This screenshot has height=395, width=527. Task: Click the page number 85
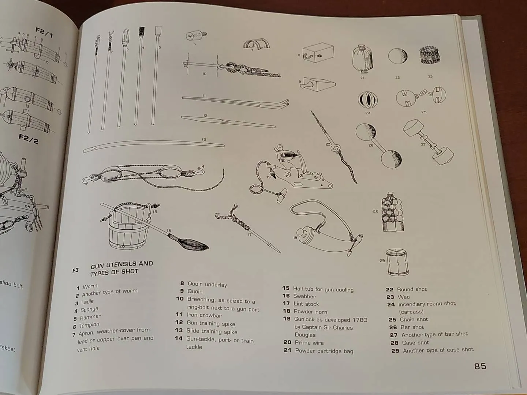pyautogui.click(x=480, y=366)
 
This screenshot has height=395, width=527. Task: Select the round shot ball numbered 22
pyautogui.click(x=398, y=56)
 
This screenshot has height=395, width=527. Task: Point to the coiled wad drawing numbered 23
pyautogui.click(x=430, y=56)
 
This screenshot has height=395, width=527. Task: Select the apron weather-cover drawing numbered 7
pyautogui.click(x=257, y=45)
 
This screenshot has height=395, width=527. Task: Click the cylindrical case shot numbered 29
pyautogui.click(x=397, y=262)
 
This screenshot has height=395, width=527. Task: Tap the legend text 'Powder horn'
pyautogui.click(x=310, y=312)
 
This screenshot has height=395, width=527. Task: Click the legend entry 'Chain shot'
pyautogui.click(x=414, y=319)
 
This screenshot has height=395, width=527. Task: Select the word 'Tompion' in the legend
pyautogui.click(x=89, y=325)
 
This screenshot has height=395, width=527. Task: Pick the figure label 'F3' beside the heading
pyautogui.click(x=75, y=270)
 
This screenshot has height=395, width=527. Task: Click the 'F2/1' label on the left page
pyautogui.click(x=44, y=33)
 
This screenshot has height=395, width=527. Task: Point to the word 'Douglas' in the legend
pyautogui.click(x=305, y=335)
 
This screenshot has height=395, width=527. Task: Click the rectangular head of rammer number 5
pyautogui.click(x=158, y=31)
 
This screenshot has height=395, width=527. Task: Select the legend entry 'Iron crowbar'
pyautogui.click(x=204, y=315)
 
